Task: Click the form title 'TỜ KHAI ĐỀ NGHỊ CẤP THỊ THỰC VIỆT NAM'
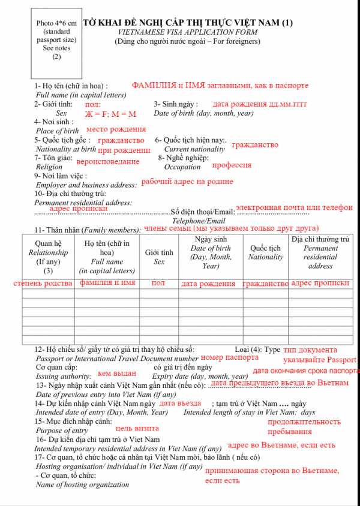click(x=188, y=23)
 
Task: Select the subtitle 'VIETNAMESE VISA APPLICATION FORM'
click(x=188, y=32)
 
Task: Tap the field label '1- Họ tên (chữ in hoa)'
click(x=71, y=86)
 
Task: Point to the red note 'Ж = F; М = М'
click(x=110, y=114)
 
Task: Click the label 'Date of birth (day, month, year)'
click(x=203, y=113)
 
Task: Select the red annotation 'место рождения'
click(x=116, y=129)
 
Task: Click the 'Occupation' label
click(x=182, y=167)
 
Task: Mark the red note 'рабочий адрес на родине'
click(x=187, y=182)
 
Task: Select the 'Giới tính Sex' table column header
click(x=159, y=257)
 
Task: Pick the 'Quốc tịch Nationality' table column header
click(x=266, y=252)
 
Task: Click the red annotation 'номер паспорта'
click(x=230, y=358)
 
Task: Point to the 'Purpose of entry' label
click(x=62, y=431)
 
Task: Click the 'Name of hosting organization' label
click(x=82, y=484)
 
